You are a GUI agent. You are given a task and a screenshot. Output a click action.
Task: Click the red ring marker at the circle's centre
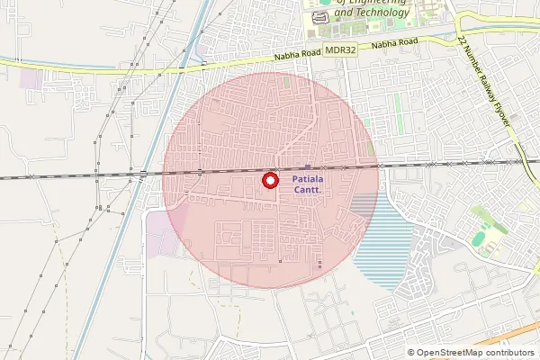pos(268,181)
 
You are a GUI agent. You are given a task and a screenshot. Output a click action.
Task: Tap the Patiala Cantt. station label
pos(310,184)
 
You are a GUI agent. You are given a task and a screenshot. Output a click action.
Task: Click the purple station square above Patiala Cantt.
pos(308,167)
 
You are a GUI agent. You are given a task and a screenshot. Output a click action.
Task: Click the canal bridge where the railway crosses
pos(144,173)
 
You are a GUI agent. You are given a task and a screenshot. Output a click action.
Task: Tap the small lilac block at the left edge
pos(30,78)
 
